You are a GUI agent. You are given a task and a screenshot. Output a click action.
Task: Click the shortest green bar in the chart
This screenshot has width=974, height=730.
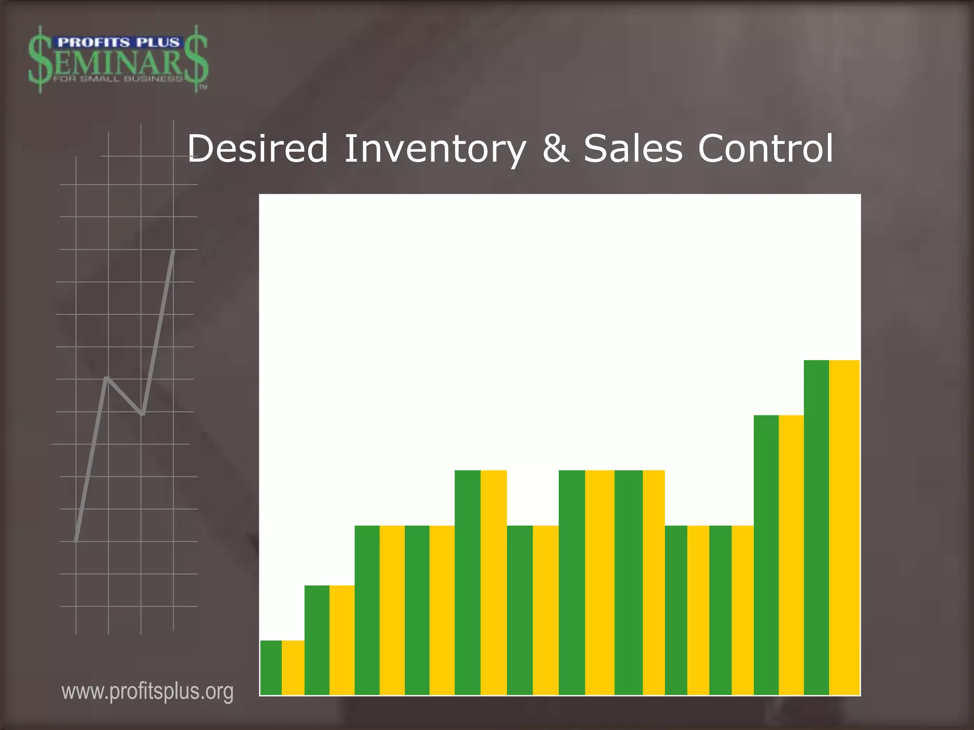pos(271,667)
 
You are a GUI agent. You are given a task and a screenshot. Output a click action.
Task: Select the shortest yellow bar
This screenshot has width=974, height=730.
pos(293,667)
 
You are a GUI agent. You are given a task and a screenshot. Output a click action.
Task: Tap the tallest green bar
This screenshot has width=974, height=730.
pos(816,528)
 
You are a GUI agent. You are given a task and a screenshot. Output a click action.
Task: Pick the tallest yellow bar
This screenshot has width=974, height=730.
pos(845,528)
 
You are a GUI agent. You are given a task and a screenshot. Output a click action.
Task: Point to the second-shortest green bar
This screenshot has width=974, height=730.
pos(317,640)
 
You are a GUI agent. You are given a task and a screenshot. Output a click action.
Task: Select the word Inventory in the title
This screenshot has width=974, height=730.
pos(435,149)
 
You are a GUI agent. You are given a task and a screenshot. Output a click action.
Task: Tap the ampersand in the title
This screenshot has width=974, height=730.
pos(555,149)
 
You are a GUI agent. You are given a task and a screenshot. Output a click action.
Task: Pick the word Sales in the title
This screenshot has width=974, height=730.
pos(633,149)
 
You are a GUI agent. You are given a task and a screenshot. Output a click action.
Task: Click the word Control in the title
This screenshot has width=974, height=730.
pos(765,149)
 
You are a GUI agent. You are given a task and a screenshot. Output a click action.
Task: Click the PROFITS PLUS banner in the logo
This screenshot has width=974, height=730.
pos(118,43)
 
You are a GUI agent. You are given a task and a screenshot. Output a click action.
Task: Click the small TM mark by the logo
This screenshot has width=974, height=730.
pos(203,87)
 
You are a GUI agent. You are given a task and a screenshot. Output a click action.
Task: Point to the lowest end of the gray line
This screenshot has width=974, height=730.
pos(76,541)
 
